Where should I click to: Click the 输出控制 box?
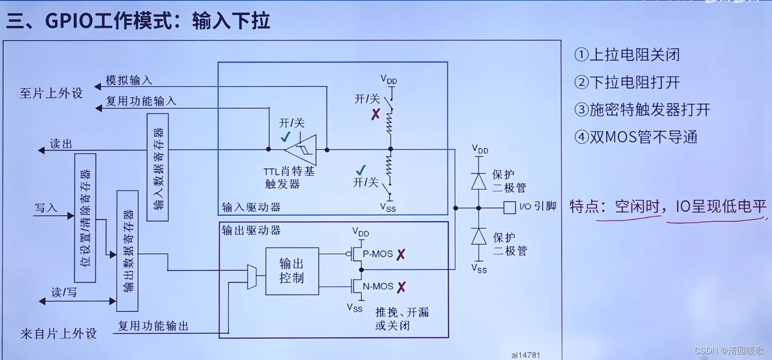tap(292, 271)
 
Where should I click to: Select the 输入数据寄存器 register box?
tap(158, 167)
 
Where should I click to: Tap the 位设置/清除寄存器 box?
tap(85, 218)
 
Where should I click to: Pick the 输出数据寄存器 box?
tap(127, 251)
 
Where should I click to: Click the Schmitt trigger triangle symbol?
tap(301, 149)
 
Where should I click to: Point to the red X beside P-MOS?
tap(401, 254)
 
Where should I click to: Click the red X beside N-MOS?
tap(401, 287)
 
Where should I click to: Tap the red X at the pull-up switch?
tap(375, 114)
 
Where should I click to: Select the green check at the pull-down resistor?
tap(361, 170)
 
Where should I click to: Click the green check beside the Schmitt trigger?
tap(286, 137)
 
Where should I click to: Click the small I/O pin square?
tap(509, 207)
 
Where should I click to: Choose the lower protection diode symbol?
tap(479, 236)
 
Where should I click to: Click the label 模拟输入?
tap(129, 80)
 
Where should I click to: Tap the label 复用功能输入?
tap(141, 101)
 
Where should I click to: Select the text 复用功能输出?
tap(153, 326)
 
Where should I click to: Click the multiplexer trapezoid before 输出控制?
tap(252, 277)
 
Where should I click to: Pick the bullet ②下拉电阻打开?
tap(627, 82)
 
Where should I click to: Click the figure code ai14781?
tap(525, 355)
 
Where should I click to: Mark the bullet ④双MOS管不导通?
tap(636, 137)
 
